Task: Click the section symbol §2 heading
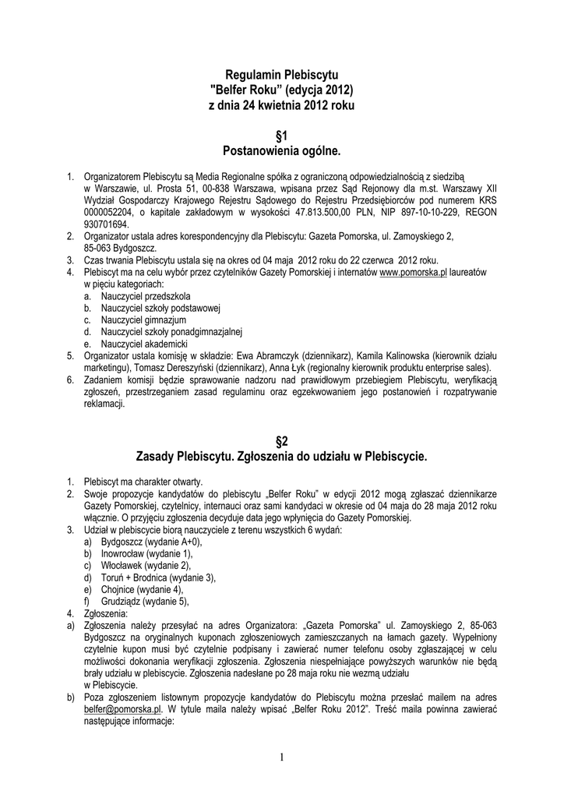[282, 440]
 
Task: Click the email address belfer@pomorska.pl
[122, 710]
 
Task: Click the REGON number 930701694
[107, 223]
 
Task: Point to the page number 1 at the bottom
[281, 757]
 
